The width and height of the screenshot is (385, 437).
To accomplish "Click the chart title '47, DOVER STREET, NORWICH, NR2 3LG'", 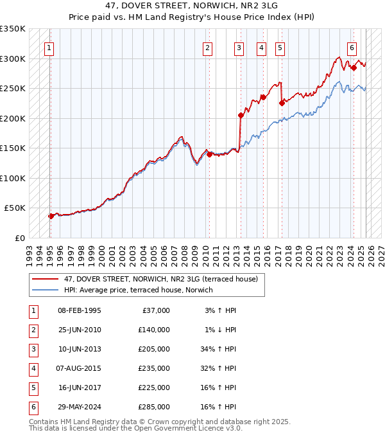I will tap(192, 6).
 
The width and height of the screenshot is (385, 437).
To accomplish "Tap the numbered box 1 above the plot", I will tap(50, 47).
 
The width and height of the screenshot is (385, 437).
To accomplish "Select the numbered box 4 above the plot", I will tap(262, 47).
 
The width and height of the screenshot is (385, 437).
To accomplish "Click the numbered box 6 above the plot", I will tap(352, 47).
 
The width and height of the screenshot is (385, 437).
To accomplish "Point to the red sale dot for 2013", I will tap(241, 116).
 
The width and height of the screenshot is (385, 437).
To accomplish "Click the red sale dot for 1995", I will tap(51, 216).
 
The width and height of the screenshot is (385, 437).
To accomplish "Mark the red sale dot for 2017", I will tap(282, 103).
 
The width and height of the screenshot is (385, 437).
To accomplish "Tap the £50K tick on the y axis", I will tap(15, 208).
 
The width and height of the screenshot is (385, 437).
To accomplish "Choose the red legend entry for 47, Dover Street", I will tap(160, 279).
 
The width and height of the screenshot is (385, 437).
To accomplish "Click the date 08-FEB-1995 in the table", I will tap(79, 311).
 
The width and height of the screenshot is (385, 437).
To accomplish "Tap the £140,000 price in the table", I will tap(154, 330).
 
